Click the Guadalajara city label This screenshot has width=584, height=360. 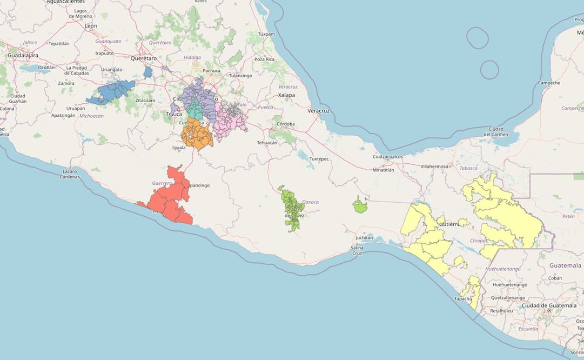point(23,55)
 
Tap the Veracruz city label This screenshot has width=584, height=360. point(318,111)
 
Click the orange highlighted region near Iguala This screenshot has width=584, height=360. point(196,134)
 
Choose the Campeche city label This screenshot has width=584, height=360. point(549,83)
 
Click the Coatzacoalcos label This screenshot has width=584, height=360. point(388,157)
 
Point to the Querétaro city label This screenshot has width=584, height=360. point(143,58)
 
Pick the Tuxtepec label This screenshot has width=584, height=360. point(319,159)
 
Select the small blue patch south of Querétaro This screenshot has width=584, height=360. point(148,72)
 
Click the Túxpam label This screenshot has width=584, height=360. point(266,34)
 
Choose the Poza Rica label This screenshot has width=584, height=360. point(264,59)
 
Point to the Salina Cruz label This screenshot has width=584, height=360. point(357,250)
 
